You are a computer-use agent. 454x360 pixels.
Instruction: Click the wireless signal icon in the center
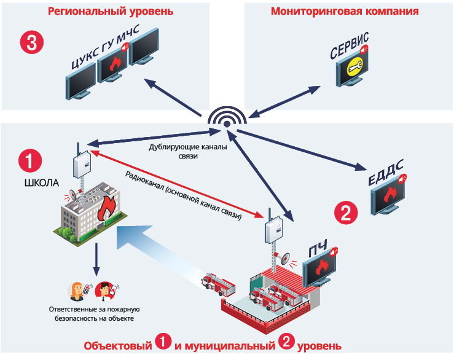(226, 121)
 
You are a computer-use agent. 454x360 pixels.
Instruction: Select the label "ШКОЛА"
(41, 182)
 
